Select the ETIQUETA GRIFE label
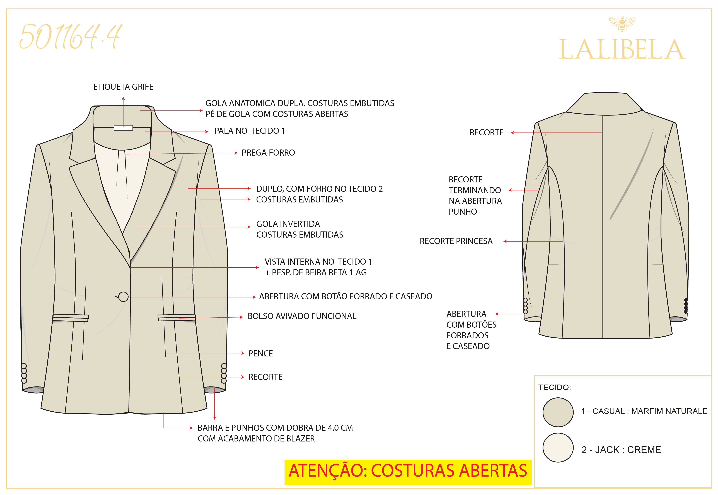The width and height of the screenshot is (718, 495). click(123, 87)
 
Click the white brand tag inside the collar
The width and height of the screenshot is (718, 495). click(123, 128)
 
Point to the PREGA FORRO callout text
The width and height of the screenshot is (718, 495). click(268, 153)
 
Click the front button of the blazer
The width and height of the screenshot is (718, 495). click(124, 297)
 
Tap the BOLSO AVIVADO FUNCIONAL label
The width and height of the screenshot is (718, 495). click(302, 316)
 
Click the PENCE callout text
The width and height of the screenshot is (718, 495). click(260, 354)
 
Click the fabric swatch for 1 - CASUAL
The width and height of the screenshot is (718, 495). click(558, 412)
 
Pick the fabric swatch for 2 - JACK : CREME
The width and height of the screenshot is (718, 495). click(558, 448)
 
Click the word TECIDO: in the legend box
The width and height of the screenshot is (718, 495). click(555, 387)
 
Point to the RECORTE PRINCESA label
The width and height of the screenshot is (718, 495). click(456, 241)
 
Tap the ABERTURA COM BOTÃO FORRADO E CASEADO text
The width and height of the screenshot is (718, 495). click(345, 296)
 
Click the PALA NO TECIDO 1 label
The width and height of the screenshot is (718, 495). click(250, 131)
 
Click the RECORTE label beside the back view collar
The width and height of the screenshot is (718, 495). click(486, 132)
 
